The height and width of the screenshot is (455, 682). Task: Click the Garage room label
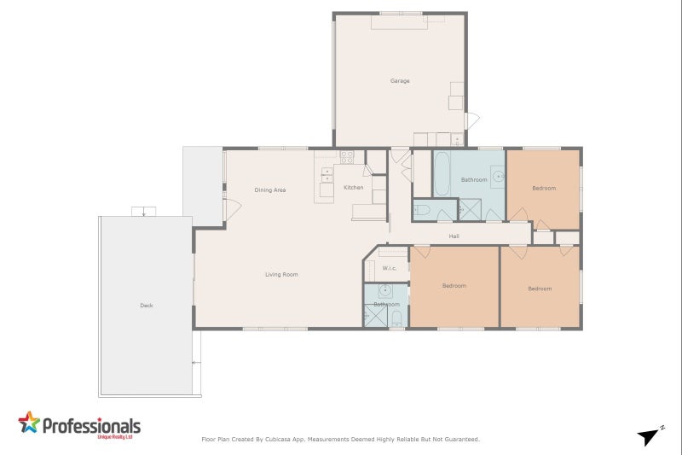[400, 81]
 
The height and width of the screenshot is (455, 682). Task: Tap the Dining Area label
[269, 190]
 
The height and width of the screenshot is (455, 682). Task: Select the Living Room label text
[281, 274]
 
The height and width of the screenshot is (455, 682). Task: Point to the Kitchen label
[353, 188]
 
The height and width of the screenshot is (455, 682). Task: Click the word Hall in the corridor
[454, 236]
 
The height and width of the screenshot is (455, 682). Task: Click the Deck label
[146, 306]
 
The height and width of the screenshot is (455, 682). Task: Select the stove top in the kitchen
[347, 157]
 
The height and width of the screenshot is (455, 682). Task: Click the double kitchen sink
[327, 175]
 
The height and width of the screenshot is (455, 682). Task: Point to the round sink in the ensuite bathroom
[385, 291]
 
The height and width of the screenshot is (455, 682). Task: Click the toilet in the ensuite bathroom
[396, 318]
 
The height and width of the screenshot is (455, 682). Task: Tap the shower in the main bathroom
[470, 210]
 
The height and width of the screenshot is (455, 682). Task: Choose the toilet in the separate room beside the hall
[423, 210]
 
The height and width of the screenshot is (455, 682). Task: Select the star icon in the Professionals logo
[29, 423]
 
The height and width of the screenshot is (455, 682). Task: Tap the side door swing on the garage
[471, 120]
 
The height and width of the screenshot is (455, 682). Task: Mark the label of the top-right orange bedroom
[544, 188]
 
